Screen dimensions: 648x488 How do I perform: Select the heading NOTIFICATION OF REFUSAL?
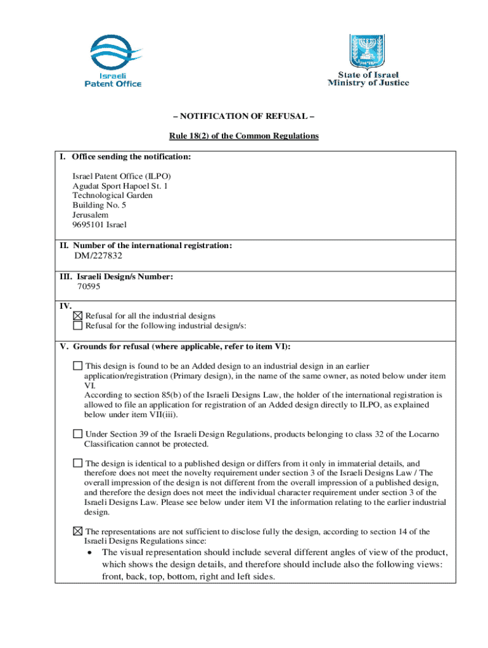pos(243,116)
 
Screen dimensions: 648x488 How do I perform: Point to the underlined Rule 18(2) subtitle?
pos(243,136)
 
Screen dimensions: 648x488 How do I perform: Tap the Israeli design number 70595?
pos(88,286)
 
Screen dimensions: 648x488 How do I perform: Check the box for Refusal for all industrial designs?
pos(78,316)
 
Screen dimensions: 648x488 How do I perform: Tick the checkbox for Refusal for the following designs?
pos(78,325)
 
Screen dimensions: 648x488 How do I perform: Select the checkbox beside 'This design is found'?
pos(77,366)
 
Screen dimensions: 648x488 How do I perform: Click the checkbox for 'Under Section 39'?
pos(77,433)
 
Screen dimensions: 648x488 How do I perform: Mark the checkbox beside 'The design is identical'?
pos(77,463)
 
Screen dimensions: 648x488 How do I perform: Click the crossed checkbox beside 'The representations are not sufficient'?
pos(77,531)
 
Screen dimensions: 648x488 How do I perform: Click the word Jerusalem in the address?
pos(90,215)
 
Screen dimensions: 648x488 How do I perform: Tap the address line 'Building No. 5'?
pos(100,205)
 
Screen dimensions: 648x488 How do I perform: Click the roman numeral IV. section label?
pos(65,306)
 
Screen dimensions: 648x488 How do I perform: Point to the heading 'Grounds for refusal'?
pos(180,346)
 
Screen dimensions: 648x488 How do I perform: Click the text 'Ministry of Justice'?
pos(368,83)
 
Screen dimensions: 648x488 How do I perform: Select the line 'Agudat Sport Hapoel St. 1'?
pos(120,186)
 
